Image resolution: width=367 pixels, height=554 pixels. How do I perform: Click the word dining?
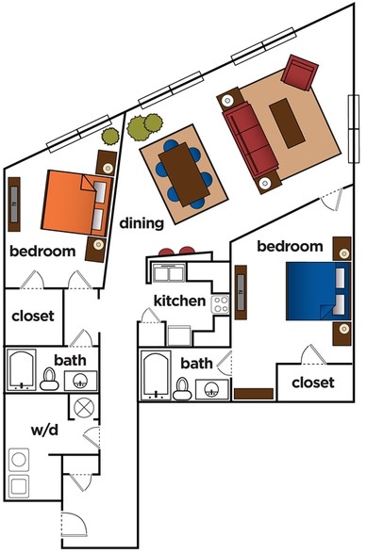click(142, 223)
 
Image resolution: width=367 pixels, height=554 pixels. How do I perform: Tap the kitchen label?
click(179, 301)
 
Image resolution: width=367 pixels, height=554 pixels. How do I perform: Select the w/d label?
click(44, 430)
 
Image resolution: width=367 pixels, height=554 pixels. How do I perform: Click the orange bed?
click(76, 204)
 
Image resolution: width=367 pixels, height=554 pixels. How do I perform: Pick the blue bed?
click(318, 291)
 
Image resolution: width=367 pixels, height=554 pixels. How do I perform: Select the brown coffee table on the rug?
click(287, 122)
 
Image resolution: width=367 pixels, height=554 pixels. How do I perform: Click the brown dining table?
click(184, 174)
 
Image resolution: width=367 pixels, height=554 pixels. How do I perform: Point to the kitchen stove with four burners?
click(220, 304)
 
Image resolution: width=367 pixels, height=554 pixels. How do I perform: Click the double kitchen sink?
click(169, 273)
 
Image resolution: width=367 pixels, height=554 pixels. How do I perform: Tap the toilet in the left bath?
click(49, 379)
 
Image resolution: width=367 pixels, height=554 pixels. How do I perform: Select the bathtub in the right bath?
click(156, 375)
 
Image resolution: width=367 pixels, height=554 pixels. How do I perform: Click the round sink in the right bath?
click(212, 390)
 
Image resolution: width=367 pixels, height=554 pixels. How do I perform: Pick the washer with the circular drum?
click(19, 460)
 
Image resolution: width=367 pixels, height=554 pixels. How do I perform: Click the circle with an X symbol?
click(84, 407)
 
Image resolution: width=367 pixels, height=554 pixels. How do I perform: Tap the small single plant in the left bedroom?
click(110, 137)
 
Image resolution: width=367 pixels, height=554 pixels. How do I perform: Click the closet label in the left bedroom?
click(33, 316)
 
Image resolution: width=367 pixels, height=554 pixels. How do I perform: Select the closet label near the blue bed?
click(313, 383)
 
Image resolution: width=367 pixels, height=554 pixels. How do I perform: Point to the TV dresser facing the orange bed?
click(14, 204)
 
